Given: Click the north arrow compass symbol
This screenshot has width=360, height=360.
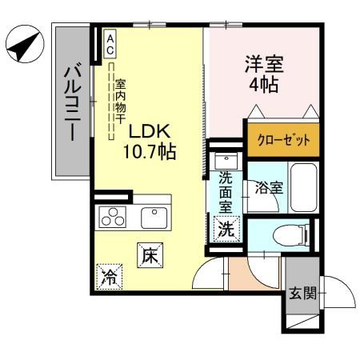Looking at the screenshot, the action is [x=25, y=44].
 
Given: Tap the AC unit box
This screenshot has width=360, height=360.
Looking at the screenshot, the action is [x=110, y=43].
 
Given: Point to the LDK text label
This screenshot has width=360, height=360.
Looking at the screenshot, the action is [x=150, y=131].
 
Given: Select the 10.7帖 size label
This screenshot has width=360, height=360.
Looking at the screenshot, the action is [x=150, y=151].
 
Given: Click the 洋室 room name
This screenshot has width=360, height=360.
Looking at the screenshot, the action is [x=264, y=64].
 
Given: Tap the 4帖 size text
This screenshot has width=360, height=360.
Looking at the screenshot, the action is [x=264, y=85].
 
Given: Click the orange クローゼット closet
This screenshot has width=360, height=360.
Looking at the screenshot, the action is [x=283, y=139].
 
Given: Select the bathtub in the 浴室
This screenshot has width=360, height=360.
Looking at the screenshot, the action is [x=304, y=187].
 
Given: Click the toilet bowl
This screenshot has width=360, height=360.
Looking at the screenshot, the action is [x=290, y=234].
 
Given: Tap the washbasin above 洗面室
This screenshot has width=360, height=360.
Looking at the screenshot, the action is [x=226, y=162].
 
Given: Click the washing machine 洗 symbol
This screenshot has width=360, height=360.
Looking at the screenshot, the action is [x=226, y=229].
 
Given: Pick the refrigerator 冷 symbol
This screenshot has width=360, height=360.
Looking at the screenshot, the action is [x=110, y=277].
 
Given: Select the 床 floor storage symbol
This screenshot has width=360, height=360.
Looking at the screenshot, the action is [x=150, y=255].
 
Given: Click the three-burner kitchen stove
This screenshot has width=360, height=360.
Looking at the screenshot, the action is [x=113, y=218].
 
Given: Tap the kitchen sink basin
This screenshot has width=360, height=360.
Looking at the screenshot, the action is [x=154, y=218].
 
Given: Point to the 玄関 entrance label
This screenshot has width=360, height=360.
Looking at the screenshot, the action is [x=303, y=293].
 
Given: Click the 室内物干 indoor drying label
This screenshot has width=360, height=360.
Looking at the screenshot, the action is [x=121, y=102].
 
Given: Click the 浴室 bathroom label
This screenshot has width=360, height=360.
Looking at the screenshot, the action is [x=269, y=187].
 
